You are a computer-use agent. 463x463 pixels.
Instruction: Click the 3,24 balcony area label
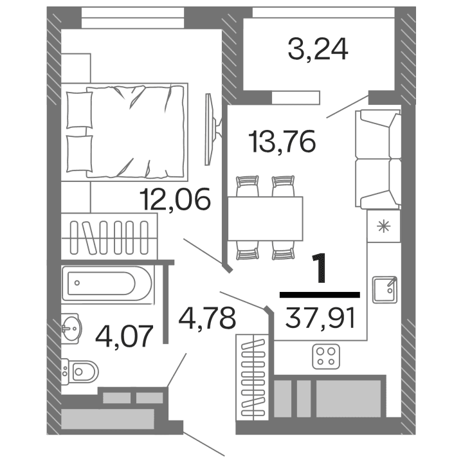point(318,49)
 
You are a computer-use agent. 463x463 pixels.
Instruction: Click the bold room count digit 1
point(320,270)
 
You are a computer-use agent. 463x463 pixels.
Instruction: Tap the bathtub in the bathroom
point(108,284)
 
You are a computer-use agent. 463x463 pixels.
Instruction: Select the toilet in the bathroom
point(82,371)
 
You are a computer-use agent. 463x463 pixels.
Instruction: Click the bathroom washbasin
point(72,329)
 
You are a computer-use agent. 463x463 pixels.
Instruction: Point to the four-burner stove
point(327,356)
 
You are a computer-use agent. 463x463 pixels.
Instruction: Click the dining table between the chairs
point(266,217)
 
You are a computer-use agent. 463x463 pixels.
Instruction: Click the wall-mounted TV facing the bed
point(208,129)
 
